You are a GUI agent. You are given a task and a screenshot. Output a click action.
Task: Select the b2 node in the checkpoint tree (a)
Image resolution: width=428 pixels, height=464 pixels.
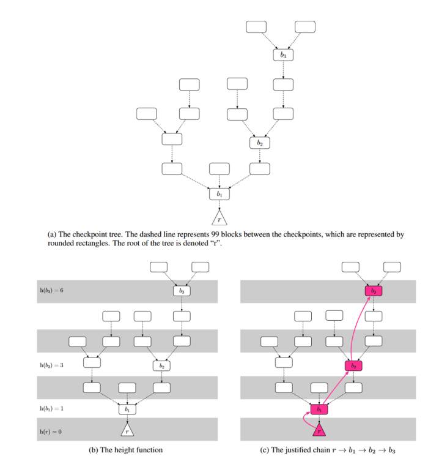260,143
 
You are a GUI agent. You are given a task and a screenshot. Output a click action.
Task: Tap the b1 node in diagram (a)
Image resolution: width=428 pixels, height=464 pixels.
218,194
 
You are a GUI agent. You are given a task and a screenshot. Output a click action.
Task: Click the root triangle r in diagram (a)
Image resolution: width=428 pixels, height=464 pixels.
218,218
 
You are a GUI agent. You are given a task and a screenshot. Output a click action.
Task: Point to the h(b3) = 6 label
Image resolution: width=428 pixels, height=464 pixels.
51,290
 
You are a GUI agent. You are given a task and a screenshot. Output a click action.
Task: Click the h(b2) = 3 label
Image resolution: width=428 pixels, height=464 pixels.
51,365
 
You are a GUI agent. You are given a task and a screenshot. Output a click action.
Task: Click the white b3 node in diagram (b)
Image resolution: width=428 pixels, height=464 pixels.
182,291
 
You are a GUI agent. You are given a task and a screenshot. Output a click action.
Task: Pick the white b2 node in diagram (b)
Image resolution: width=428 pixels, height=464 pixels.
161,365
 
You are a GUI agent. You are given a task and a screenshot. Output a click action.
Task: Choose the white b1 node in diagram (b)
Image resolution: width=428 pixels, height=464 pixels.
127,408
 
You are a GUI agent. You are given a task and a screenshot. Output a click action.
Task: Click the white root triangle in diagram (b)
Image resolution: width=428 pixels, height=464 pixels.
127,430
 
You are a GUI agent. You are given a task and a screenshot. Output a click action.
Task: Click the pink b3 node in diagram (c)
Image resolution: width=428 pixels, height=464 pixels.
374,291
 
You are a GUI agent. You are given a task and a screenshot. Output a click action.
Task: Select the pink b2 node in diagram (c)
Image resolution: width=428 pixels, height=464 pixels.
353,365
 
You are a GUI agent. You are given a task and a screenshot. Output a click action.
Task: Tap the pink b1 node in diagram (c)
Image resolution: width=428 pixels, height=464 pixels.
319,408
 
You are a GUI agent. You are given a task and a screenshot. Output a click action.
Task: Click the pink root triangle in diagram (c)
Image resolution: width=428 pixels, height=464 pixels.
319,430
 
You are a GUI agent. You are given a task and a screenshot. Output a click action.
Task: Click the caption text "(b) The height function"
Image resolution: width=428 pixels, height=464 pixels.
126,450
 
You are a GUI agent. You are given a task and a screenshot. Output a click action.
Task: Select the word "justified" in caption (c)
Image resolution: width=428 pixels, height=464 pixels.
298,450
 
